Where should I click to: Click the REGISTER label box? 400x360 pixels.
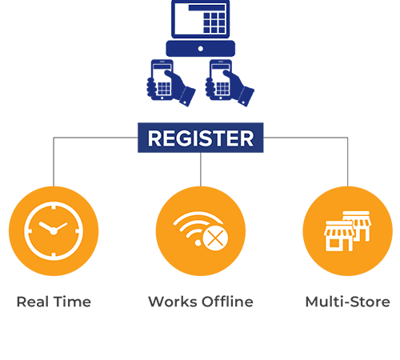[201, 138]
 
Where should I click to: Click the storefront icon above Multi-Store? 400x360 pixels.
[348, 231]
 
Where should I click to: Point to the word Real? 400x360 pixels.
[33, 302]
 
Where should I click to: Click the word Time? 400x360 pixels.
[73, 302]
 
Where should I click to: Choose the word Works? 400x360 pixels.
[173, 302]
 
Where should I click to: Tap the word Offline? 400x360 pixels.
[227, 302]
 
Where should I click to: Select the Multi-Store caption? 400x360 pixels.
[348, 302]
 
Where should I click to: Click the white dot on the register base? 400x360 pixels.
[201, 49]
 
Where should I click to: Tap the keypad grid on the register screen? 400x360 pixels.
[214, 22]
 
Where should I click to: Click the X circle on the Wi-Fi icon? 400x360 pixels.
[215, 238]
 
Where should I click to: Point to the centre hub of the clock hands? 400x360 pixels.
[54, 231]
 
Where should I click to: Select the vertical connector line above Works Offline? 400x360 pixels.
[201, 170]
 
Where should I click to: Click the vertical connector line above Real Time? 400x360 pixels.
[54, 162]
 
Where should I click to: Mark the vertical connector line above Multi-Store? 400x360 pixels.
[348, 162]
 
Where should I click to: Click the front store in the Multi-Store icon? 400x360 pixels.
[339, 236]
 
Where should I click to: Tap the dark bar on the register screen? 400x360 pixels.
[207, 8]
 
